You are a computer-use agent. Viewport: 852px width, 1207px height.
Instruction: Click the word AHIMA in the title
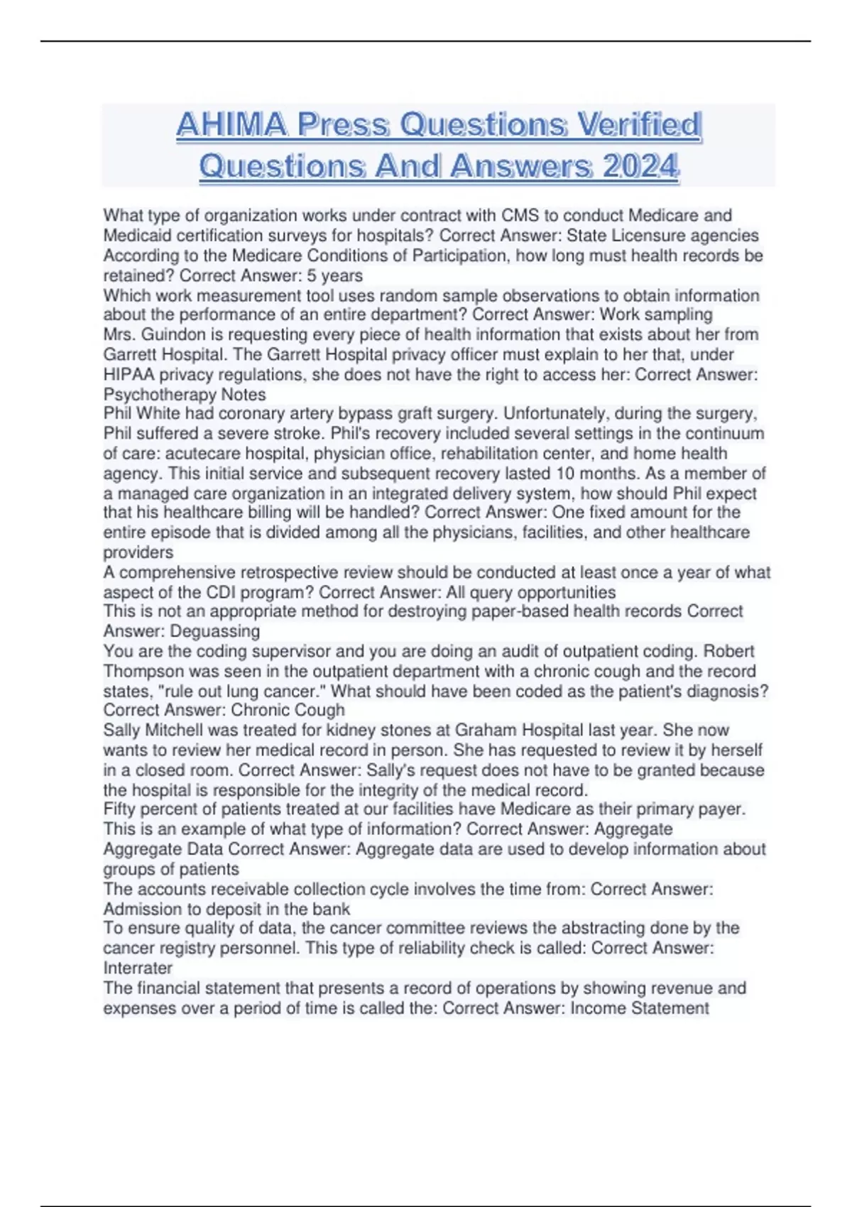pyautogui.click(x=231, y=125)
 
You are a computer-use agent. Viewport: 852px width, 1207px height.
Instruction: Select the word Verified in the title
pyautogui.click(x=638, y=125)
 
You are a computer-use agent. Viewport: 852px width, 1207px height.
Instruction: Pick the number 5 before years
pyautogui.click(x=312, y=275)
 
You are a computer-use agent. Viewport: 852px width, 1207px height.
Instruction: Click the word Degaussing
pyautogui.click(x=181, y=631)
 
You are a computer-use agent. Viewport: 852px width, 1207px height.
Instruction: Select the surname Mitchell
pyautogui.click(x=177, y=730)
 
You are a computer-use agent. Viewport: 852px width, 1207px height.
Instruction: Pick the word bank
pyautogui.click(x=332, y=909)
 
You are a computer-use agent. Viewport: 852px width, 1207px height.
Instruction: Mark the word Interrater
pyautogui.click(x=138, y=968)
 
